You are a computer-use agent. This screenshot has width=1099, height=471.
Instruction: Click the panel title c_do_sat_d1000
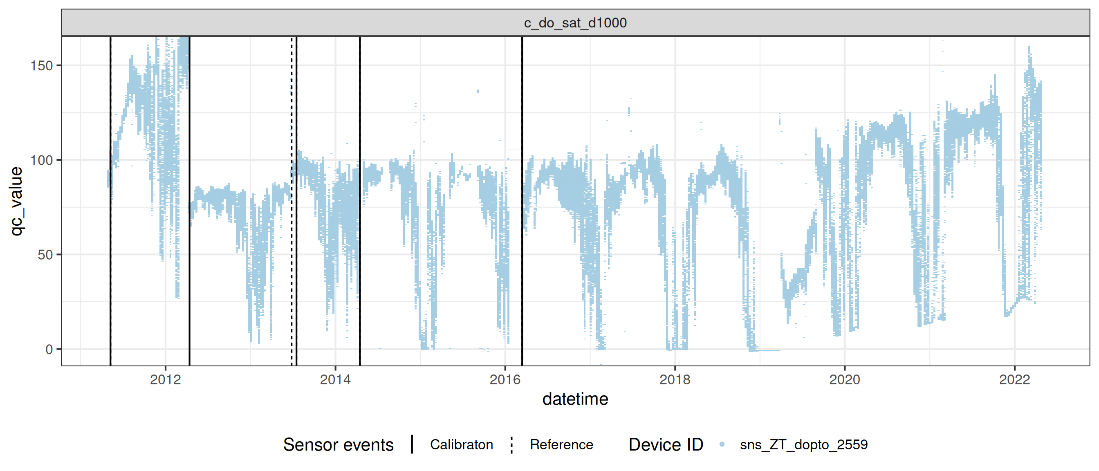coord(575,22)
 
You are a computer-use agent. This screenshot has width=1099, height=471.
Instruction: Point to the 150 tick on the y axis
coord(41,66)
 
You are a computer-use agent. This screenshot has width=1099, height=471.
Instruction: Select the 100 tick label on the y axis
coord(41,160)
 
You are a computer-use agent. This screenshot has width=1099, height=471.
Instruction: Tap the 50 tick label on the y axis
coord(45,255)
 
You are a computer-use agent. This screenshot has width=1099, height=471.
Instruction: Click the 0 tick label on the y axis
coord(49,350)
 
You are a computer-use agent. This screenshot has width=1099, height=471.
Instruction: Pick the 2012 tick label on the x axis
coord(166,379)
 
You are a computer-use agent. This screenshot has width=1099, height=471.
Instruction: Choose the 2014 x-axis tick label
coord(335,379)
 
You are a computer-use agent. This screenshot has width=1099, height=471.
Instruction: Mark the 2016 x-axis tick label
coord(505,379)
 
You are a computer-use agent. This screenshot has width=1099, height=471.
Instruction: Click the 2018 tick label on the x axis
coord(675,379)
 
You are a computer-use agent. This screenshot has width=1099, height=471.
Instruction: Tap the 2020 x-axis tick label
coord(845,379)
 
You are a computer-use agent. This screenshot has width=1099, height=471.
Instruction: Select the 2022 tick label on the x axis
coord(1014,379)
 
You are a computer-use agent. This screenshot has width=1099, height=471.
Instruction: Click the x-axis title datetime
coord(575,399)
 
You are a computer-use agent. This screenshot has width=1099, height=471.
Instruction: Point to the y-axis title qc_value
coord(16,201)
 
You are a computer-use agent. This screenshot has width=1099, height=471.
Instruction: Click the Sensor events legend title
coord(338,444)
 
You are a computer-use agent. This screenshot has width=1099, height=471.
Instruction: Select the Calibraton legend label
coord(461,444)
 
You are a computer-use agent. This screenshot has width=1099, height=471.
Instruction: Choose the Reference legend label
coord(561,444)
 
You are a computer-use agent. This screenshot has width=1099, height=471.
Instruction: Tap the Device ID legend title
coord(666,444)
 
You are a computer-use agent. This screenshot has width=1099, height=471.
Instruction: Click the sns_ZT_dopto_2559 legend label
coord(804,444)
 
